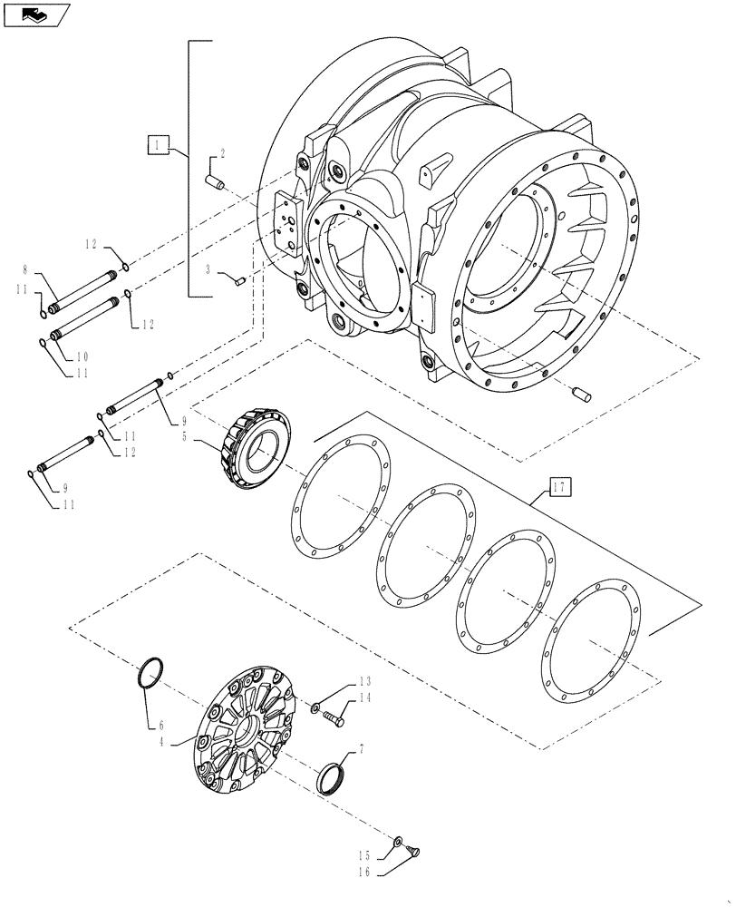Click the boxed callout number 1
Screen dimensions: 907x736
click(157, 144)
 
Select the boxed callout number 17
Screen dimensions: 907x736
click(560, 489)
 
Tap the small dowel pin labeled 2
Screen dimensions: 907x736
click(217, 183)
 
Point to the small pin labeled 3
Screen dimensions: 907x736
click(241, 281)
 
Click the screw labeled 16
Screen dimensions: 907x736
click(416, 851)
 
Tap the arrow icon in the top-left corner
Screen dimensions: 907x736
click(36, 14)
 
